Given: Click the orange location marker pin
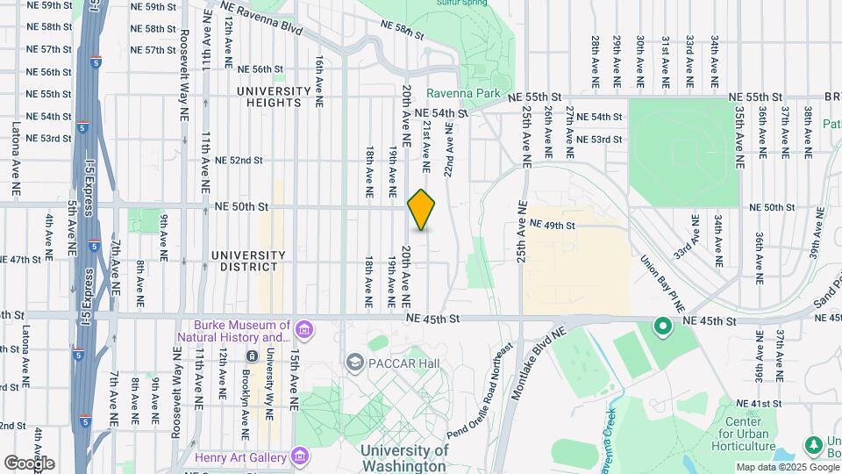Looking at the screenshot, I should click(422, 210).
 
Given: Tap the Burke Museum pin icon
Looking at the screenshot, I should click(304, 331).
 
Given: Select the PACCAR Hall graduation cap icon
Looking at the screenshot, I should click(354, 362).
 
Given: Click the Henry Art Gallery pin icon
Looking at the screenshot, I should click(301, 456).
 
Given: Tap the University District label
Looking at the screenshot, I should click(248, 261).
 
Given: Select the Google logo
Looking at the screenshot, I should click(29, 463).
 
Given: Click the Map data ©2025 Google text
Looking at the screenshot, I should click(787, 467).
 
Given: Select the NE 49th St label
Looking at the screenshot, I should click(552, 226).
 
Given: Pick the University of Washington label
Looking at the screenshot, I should click(405, 458).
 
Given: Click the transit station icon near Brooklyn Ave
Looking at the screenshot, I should click(252, 355).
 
